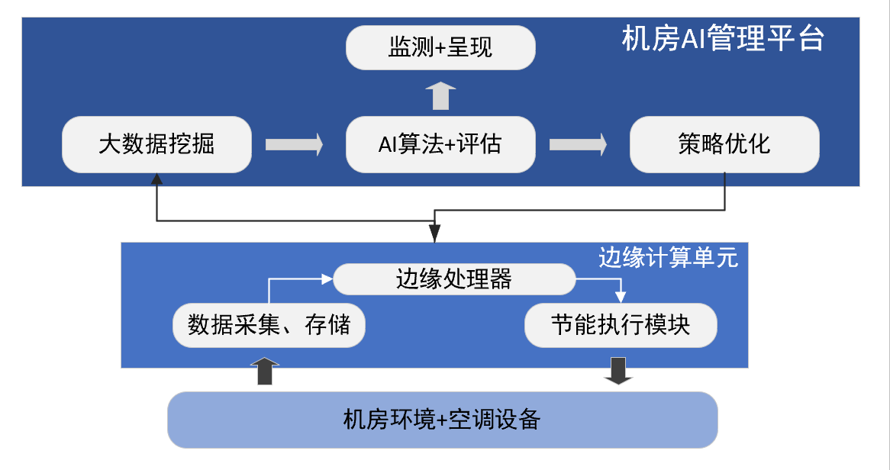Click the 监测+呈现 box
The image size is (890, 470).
point(440,48)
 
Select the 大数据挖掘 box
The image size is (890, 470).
point(156,144)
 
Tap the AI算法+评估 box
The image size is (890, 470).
point(440,144)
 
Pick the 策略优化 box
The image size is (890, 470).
point(724,144)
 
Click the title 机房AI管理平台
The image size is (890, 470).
point(722,38)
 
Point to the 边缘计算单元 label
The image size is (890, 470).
point(668,258)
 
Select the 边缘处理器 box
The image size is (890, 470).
point(454,279)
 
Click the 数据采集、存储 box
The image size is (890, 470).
point(269,326)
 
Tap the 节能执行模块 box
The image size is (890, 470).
point(621,326)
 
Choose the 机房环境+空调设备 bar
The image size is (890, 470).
point(442,419)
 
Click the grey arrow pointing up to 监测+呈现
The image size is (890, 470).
point(440,95)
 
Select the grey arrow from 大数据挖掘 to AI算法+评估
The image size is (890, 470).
point(294,144)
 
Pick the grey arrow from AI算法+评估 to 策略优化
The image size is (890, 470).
point(578,144)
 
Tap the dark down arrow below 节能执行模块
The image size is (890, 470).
point(618,371)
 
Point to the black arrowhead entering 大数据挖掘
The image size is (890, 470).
point(156,179)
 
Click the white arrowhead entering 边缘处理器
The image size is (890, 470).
point(328,279)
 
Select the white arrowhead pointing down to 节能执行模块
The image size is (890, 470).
point(621,297)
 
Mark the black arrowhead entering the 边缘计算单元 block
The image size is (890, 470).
point(434,234)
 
